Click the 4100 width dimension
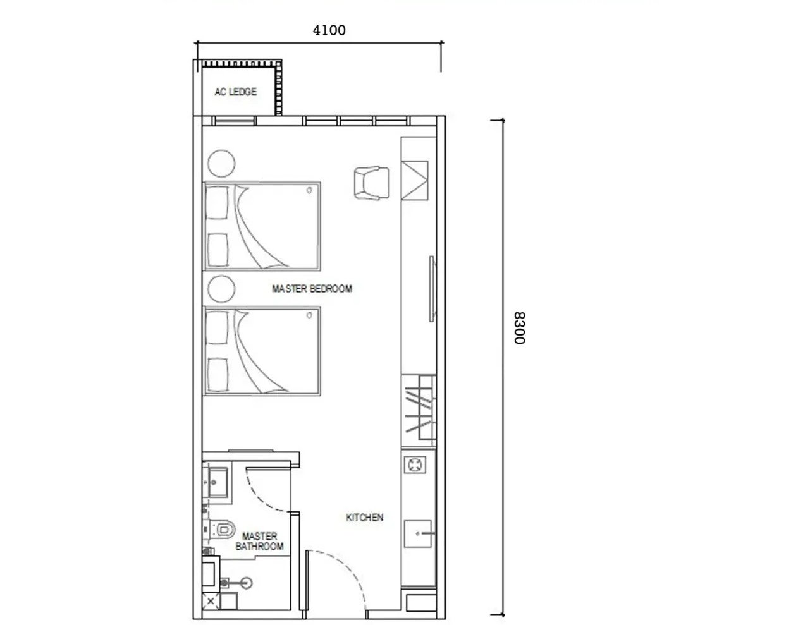329,29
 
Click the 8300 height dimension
518,327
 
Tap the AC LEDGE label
235,92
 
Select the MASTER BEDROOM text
312,289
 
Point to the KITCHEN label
365,518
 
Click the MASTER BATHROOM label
259,542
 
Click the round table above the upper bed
223,163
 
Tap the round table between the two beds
223,289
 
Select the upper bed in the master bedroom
262,226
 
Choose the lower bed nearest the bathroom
262,352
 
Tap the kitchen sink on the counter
418,534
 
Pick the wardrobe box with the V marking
415,179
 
